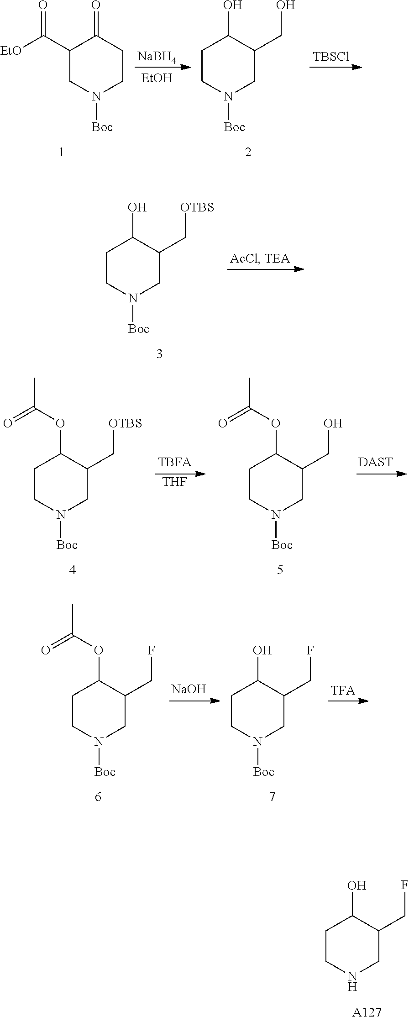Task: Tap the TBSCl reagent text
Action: click(331, 57)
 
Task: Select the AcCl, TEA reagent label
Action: click(260, 258)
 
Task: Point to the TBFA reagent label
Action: click(175, 462)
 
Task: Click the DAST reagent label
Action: click(375, 462)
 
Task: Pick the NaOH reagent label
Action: click(189, 689)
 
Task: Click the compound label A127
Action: click(367, 1011)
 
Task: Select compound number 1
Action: click(62, 152)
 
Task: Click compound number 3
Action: click(159, 354)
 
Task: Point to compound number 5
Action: click(280, 569)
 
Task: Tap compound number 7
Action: click(272, 796)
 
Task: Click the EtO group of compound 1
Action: click(11, 50)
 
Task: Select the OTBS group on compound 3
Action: click(197, 207)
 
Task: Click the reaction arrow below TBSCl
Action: click(336, 67)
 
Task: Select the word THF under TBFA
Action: click(175, 482)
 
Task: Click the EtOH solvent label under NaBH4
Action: click(157, 78)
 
